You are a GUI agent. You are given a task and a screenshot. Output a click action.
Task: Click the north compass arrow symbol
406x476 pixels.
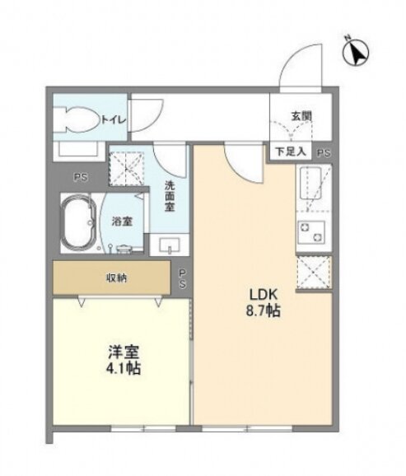point(356,52)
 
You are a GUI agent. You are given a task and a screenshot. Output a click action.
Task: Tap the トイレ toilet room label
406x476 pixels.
point(113,120)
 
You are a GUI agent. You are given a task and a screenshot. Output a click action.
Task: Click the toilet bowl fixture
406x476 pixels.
point(78,119)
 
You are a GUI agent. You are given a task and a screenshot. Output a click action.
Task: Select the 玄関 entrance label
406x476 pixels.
point(301,116)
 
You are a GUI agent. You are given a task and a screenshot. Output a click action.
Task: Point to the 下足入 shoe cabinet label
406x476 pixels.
point(291,152)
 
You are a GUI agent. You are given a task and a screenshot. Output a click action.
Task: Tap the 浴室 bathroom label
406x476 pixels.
point(122,222)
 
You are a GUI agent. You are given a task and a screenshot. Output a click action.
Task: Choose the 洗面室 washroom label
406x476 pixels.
point(170,196)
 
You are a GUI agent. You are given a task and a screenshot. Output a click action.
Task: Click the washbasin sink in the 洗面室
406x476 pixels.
point(170,245)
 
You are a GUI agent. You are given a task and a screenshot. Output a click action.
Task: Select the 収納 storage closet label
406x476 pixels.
point(116,278)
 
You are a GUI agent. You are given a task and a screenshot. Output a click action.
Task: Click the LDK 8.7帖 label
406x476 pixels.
point(263,303)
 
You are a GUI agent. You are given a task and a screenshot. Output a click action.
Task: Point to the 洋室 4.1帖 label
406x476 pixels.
point(123,360)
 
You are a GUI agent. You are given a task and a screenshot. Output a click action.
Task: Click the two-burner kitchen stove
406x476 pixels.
point(311,232)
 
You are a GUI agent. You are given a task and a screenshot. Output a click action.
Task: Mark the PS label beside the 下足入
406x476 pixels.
point(324,153)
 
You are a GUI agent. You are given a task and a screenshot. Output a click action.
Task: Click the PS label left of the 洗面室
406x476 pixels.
point(81,177)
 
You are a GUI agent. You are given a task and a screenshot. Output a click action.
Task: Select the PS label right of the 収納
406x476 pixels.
point(182,278)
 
